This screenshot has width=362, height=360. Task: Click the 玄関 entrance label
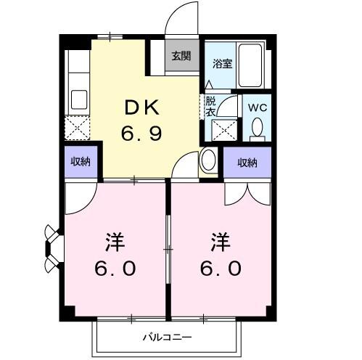click(181, 56)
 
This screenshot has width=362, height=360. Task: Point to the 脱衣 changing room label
click(210, 107)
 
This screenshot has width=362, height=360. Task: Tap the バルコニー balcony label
click(165, 337)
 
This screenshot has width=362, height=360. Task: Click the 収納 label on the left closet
click(81, 162)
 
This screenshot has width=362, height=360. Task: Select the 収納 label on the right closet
click(247, 162)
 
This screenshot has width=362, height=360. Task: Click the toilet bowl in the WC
click(256, 129)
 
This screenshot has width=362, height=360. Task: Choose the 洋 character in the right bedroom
click(221, 240)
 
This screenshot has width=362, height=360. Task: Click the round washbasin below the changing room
click(208, 159)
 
